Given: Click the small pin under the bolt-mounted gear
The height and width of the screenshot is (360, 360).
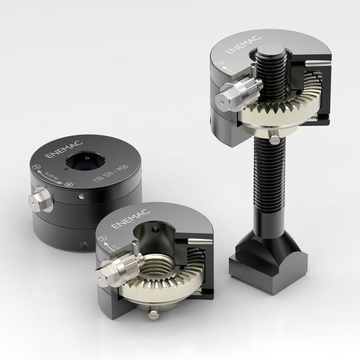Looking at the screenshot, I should (x=274, y=139).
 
